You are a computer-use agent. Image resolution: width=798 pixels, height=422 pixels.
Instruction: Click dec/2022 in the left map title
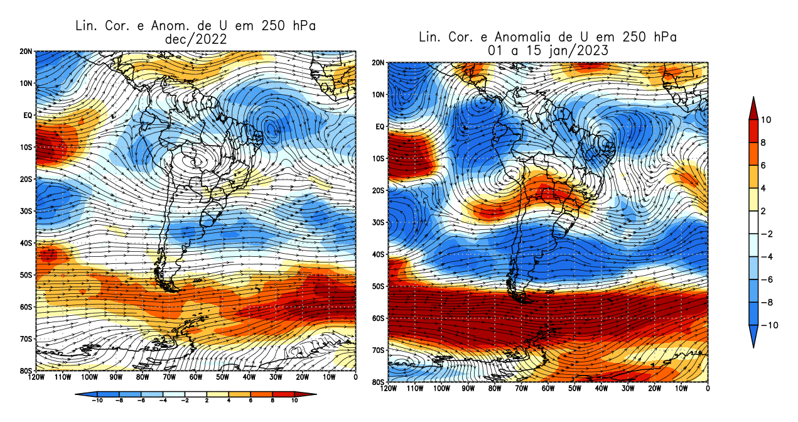195,39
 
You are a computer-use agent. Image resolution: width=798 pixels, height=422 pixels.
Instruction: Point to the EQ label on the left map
28,116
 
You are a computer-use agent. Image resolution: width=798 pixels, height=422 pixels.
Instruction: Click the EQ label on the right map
380,127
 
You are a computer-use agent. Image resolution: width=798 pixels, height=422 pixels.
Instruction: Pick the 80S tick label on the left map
26,371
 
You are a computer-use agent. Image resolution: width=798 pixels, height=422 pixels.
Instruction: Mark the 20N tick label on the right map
379,63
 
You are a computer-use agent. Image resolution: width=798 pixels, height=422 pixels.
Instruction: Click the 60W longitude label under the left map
195,377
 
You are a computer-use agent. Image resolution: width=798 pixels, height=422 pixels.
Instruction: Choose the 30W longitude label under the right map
628,389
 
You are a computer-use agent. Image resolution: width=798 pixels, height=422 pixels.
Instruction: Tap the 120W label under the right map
389,389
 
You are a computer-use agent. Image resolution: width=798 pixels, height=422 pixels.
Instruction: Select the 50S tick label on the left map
26,275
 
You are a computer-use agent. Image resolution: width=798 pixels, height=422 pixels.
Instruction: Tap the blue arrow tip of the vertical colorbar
752,342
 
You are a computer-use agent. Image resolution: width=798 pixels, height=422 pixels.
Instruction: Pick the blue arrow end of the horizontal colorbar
79,395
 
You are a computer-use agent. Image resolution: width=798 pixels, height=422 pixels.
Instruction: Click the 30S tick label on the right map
379,223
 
